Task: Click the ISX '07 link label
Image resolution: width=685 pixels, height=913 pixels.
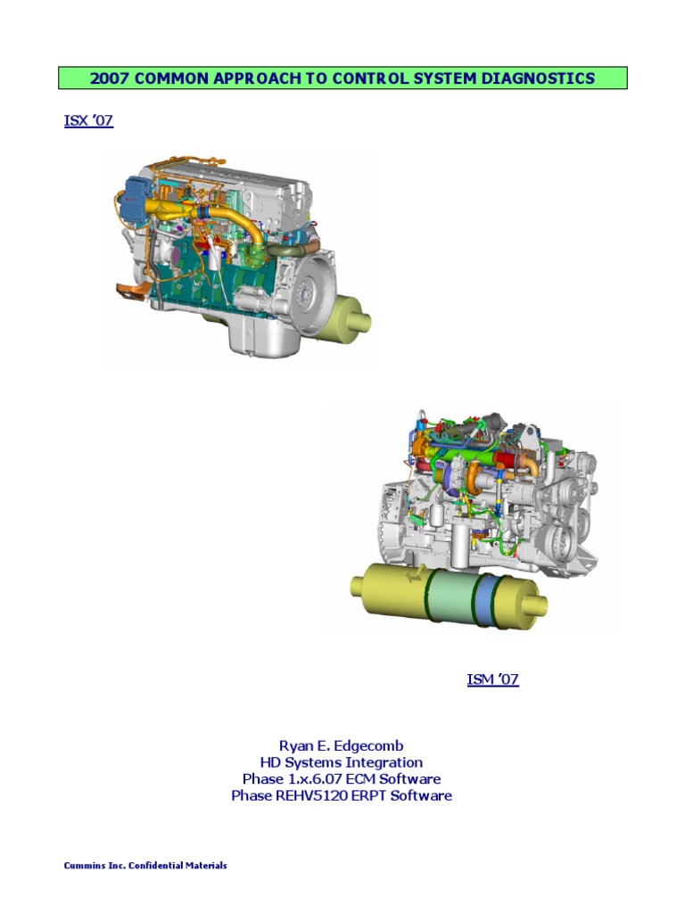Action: click(88, 121)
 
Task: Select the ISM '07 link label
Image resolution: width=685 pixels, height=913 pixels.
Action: click(492, 680)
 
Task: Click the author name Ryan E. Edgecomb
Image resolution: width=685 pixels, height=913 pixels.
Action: click(341, 745)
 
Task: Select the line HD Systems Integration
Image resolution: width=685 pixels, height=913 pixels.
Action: click(341, 762)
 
